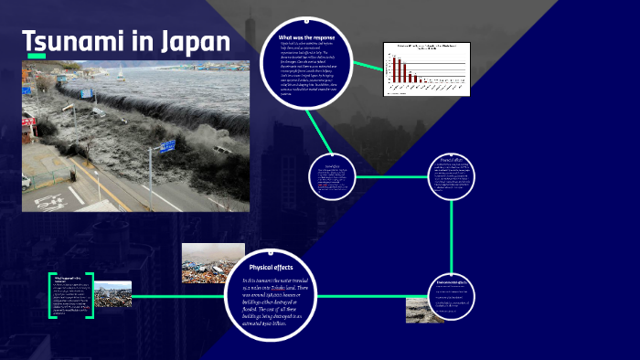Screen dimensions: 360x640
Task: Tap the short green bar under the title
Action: (36, 57)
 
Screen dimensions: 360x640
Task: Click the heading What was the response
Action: (306, 37)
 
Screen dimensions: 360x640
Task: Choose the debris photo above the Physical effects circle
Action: (213, 262)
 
